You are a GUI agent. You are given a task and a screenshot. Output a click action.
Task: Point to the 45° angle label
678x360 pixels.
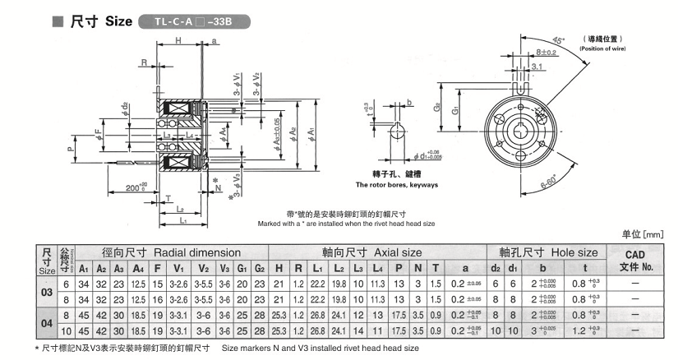click(x=535, y=42)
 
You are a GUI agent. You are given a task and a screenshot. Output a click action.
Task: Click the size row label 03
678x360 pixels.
click(x=47, y=293)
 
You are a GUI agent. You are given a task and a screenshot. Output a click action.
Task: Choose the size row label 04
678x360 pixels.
click(x=47, y=324)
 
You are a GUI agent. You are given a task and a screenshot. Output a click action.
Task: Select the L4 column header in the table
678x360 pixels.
click(x=378, y=268)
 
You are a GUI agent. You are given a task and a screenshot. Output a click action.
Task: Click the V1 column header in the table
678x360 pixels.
click(x=179, y=268)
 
